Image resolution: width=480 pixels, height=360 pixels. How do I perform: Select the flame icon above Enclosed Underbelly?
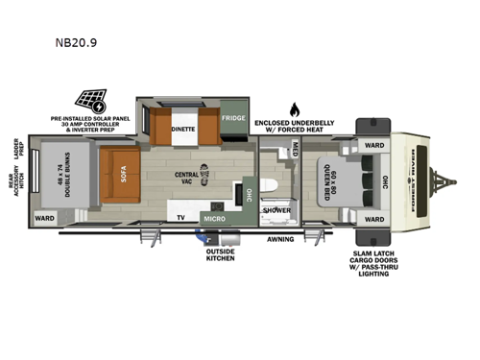(x=296, y=108)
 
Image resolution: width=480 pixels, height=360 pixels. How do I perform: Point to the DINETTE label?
(x=183, y=127)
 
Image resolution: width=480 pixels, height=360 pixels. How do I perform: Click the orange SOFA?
(x=123, y=177)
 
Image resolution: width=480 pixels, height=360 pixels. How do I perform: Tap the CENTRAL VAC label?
(x=186, y=178)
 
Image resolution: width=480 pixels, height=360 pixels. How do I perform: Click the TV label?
(x=180, y=218)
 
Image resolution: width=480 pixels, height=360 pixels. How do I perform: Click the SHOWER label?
(x=276, y=208)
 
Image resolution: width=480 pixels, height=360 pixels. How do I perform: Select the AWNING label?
(x=280, y=238)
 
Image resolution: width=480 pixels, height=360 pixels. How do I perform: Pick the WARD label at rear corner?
(x=44, y=218)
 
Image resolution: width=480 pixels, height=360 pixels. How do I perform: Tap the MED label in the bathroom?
(x=296, y=149)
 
